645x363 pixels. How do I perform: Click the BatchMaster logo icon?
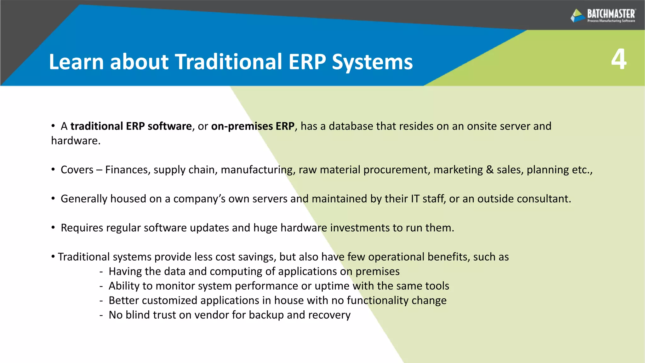tap(578, 15)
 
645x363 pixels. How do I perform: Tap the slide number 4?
tap(619, 60)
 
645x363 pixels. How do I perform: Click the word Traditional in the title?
tap(228, 62)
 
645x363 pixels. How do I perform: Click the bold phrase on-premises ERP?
tap(253, 126)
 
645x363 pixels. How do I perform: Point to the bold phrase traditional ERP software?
tap(131, 126)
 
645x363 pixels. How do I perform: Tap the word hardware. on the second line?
tap(76, 141)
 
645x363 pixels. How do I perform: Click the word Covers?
tap(77, 170)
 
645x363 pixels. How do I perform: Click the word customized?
tap(170, 301)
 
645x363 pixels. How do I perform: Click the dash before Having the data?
tap(101, 272)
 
